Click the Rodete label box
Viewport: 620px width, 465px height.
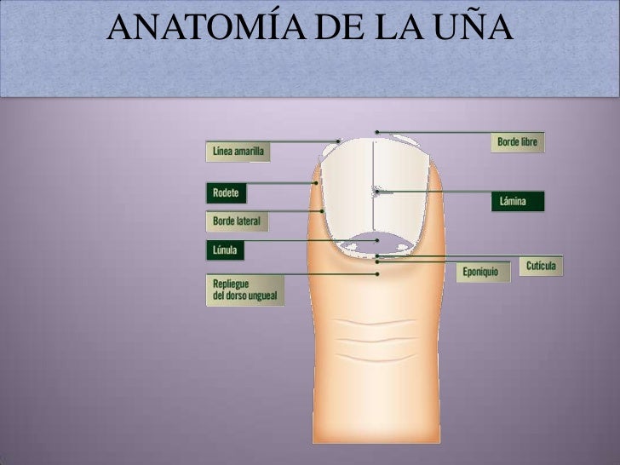click(x=227, y=193)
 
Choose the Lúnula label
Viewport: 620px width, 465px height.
click(x=226, y=250)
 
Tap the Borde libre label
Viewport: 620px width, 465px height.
click(x=517, y=142)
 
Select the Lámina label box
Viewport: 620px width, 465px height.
click(x=518, y=202)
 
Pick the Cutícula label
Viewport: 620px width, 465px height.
click(x=541, y=267)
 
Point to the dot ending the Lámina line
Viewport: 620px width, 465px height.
click(x=376, y=192)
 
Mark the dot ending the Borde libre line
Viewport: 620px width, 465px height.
click(x=377, y=132)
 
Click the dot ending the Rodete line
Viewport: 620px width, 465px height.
click(x=316, y=182)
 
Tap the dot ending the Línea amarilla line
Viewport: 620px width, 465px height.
click(x=338, y=141)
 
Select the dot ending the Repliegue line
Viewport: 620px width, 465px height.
click(x=377, y=274)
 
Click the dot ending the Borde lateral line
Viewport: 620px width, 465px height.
click(x=322, y=210)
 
